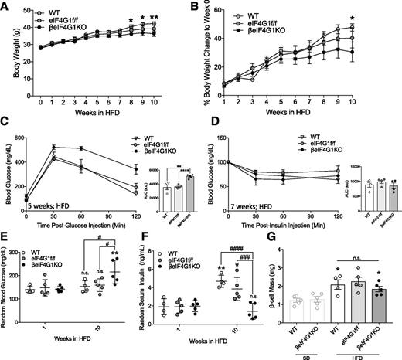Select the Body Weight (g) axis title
click(x=8, y=53)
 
